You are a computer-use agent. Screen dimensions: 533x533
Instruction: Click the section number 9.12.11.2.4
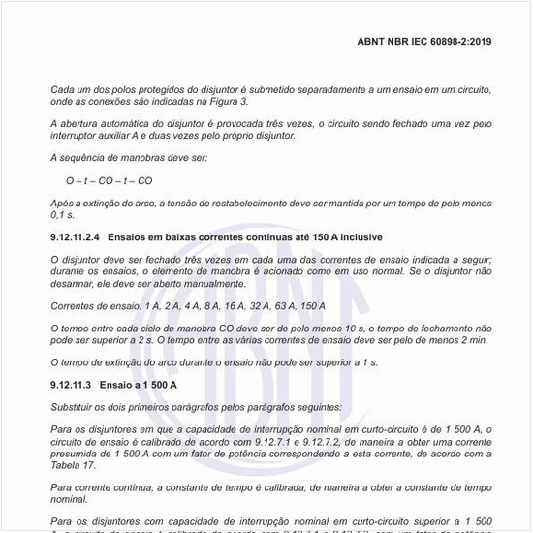pyautogui.click(x=76, y=236)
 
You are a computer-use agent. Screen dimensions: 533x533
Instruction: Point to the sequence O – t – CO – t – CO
pyautogui.click(x=109, y=180)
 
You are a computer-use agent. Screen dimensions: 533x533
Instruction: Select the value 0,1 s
pyautogui.click(x=64, y=214)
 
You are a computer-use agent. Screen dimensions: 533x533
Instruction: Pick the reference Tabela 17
pyautogui.click(x=76, y=466)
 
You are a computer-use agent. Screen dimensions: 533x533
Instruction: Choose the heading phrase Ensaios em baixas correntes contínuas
pyautogui.click(x=196, y=236)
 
